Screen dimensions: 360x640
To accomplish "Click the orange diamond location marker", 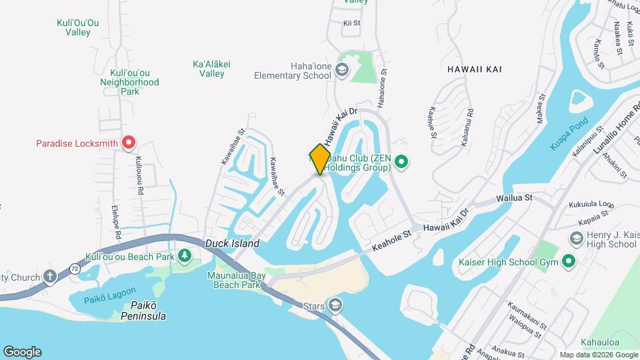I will click(x=320, y=159).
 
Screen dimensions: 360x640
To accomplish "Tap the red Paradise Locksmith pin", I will click(x=129, y=142).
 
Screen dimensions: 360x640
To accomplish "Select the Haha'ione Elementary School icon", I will click(x=342, y=70).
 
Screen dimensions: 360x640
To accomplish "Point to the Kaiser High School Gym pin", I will click(x=569, y=261).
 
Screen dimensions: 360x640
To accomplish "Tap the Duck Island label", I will click(x=232, y=244).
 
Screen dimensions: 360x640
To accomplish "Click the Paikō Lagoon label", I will click(x=110, y=296).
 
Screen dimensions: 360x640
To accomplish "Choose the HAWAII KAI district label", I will click(x=475, y=69).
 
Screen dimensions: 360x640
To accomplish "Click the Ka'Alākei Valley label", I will click(x=211, y=69).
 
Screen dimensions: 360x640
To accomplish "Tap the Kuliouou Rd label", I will click(x=139, y=175).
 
